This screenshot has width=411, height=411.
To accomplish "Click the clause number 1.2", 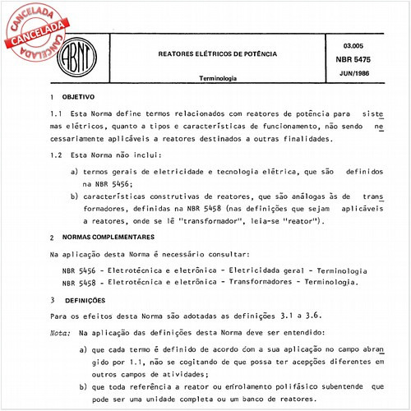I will pos(56,153).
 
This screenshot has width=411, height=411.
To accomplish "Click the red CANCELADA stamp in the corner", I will pos(33,31).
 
